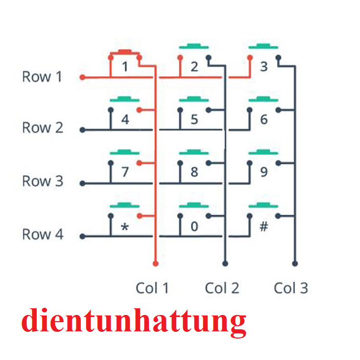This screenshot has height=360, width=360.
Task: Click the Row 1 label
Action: coord(42,77)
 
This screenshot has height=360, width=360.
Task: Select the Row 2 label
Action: coord(42,128)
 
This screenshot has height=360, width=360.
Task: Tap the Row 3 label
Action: coord(42,181)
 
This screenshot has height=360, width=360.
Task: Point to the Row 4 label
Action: coord(42,235)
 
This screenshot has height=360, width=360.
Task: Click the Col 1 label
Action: coord(152,288)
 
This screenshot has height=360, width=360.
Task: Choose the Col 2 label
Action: coord(222,288)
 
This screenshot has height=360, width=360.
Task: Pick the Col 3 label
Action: coord(291,288)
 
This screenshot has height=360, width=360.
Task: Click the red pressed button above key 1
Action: coord(124,52)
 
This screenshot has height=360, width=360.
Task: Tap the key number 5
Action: coord(194,120)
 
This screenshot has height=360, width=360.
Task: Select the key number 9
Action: coord(264,171)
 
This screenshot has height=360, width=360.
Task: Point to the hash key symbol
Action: coord(264,226)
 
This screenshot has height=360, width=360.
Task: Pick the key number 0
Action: coord(194,226)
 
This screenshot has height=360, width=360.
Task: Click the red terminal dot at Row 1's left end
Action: coord(82,78)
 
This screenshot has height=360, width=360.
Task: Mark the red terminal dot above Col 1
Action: coord(156,263)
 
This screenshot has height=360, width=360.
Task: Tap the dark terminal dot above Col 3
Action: coord(294,263)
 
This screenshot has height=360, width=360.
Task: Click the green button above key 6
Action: coord(263,98)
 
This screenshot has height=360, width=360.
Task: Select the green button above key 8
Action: coord(194,152)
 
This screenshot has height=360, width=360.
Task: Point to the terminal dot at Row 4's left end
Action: coord(82,237)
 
